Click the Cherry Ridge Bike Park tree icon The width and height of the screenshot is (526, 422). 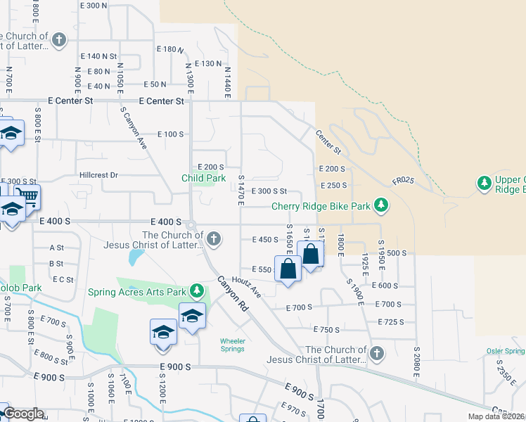tap(381, 205)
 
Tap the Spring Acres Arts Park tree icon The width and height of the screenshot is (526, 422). tap(198, 290)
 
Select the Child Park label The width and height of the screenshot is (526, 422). tap(204, 178)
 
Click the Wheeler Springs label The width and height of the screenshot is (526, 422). tap(233, 345)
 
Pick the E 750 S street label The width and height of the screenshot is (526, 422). tap(326, 329)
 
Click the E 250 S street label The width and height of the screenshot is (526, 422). tap(333, 185)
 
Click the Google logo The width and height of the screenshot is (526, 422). tap(23, 414)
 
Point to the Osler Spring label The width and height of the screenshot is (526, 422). tap(506, 351)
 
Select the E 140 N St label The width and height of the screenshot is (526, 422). tap(98, 56)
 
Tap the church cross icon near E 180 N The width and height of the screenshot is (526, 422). tap(60, 40)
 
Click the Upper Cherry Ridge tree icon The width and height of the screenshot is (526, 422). tap(484, 183)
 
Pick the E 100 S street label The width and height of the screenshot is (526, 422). tap(170, 134)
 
